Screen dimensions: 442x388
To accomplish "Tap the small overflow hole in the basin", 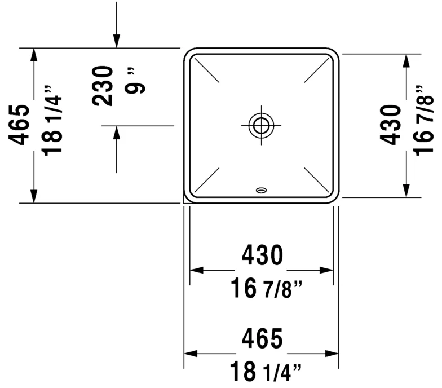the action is (x=262, y=191).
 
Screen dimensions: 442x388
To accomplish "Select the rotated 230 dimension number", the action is (x=103, y=86).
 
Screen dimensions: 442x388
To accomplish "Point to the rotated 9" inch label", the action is (x=135, y=81).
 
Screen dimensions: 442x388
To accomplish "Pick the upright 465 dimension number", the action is (x=262, y=338).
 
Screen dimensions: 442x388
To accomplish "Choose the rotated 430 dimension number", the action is (x=391, y=125).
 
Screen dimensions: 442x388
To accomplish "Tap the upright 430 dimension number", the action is (x=262, y=255).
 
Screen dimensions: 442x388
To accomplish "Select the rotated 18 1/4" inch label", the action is (x=52, y=121).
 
